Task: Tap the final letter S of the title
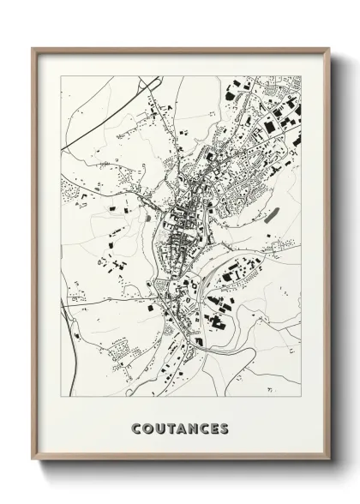(225, 429)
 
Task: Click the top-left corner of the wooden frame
(33, 47)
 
